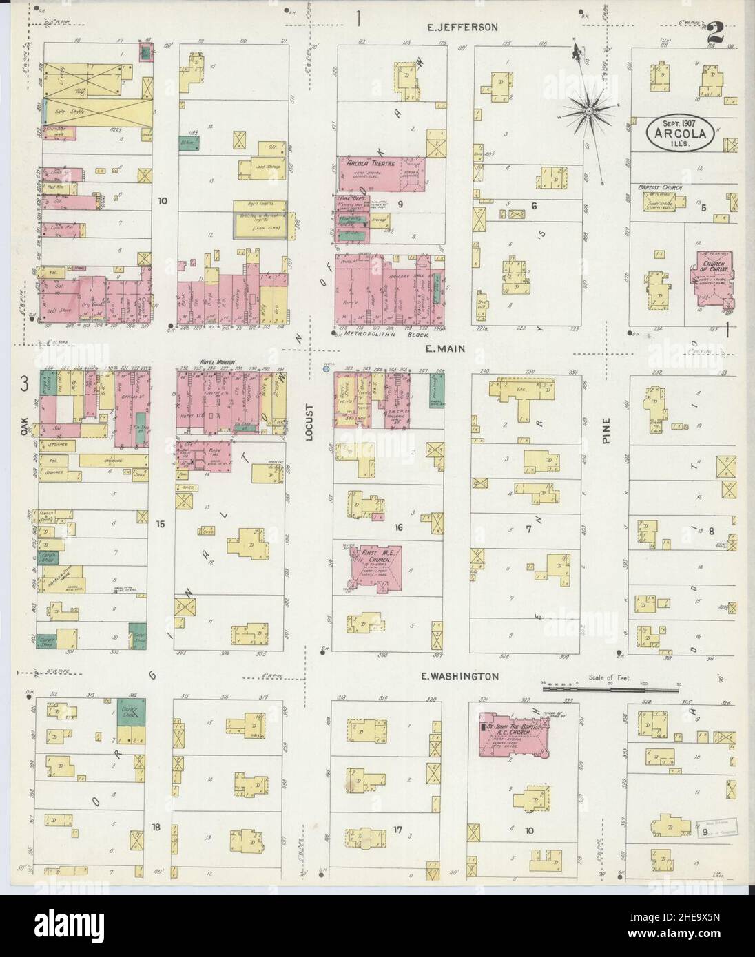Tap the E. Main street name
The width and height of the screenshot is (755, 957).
446,349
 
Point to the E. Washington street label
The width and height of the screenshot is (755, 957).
460,677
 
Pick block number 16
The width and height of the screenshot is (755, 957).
397,528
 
